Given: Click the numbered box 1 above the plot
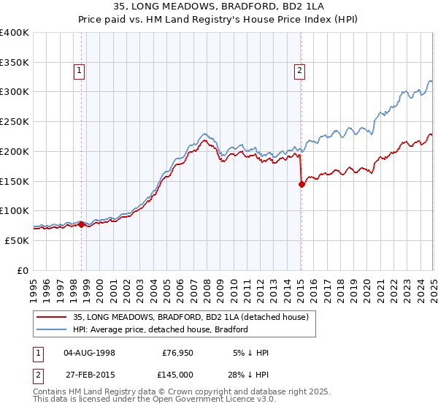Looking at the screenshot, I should (79, 71).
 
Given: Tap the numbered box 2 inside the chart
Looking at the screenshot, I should (299, 71).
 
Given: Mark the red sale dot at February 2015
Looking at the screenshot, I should (301, 185).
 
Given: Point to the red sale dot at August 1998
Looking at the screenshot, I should (81, 224).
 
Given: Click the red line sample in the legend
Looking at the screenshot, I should (51, 318).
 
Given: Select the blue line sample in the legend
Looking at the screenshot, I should (51, 329).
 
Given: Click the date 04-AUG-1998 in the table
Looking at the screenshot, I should (89, 353).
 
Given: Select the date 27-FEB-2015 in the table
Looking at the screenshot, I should (89, 374).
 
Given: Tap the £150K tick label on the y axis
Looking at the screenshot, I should (15, 181).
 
